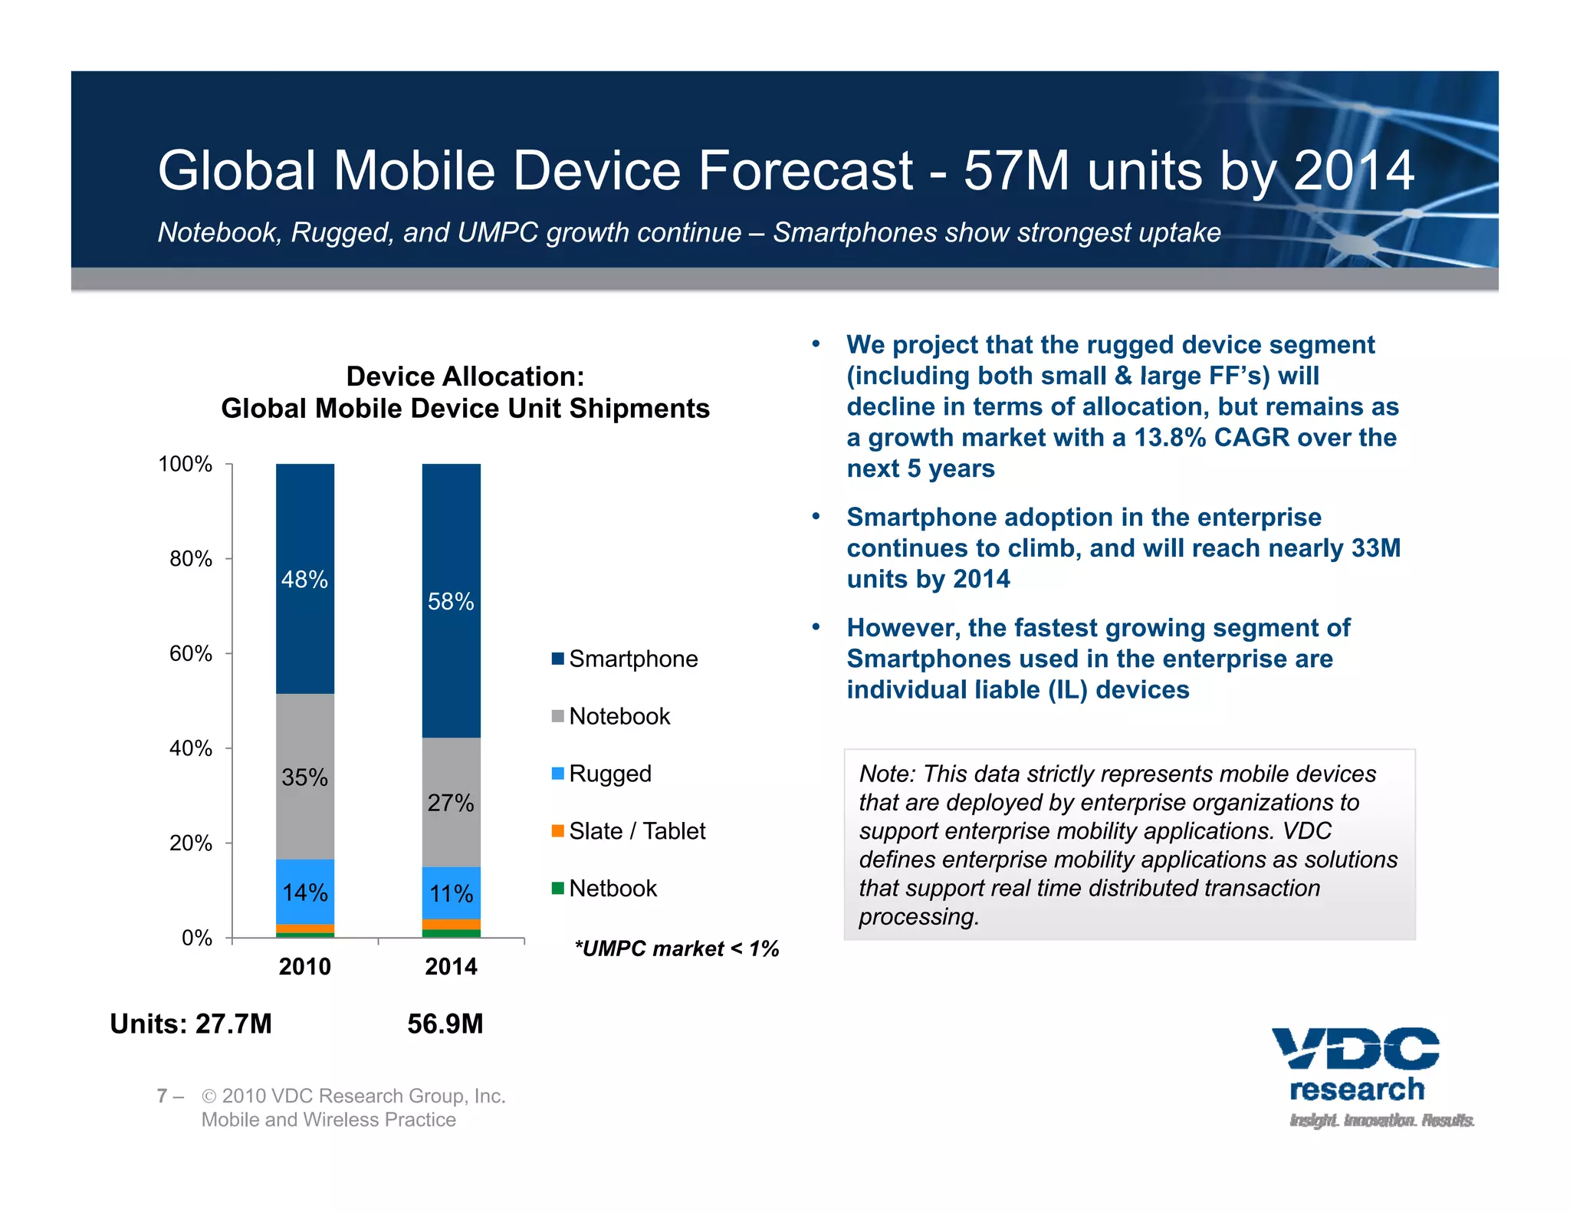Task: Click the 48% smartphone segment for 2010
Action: coord(304,579)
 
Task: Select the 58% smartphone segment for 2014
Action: coord(451,601)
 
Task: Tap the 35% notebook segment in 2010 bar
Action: coord(304,777)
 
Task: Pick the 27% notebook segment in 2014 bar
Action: coord(451,802)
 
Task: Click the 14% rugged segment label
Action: coord(304,892)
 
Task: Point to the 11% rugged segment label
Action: coord(451,893)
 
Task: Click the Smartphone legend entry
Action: coord(625,659)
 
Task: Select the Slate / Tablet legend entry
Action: coord(629,830)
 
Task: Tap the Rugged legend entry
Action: coord(602,773)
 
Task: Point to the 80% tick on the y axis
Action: coord(191,559)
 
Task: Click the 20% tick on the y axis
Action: coord(191,843)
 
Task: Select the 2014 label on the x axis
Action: coord(451,966)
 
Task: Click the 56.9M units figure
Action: coord(445,1024)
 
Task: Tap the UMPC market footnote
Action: coord(676,948)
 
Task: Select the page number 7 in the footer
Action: coord(162,1096)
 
